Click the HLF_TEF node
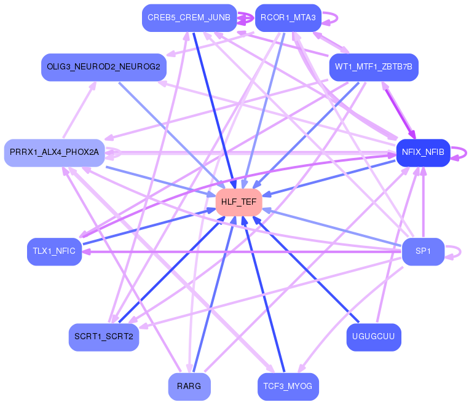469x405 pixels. (239, 202)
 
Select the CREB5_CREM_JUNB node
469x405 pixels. (189, 18)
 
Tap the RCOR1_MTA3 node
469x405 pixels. (287, 18)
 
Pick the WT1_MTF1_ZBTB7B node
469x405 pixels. (374, 66)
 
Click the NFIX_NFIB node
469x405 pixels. (423, 152)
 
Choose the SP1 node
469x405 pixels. (423, 251)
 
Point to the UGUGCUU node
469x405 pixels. (374, 337)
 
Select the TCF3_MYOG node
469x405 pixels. (288, 387)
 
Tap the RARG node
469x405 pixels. (189, 387)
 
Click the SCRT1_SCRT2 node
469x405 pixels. (103, 337)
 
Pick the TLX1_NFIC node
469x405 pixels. (54, 251)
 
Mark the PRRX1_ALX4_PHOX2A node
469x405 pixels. (54, 152)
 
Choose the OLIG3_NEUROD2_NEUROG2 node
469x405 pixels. (103, 66)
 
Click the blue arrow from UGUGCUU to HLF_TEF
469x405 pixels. (307, 270)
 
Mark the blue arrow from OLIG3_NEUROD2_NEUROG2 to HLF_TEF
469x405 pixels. (172, 135)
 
